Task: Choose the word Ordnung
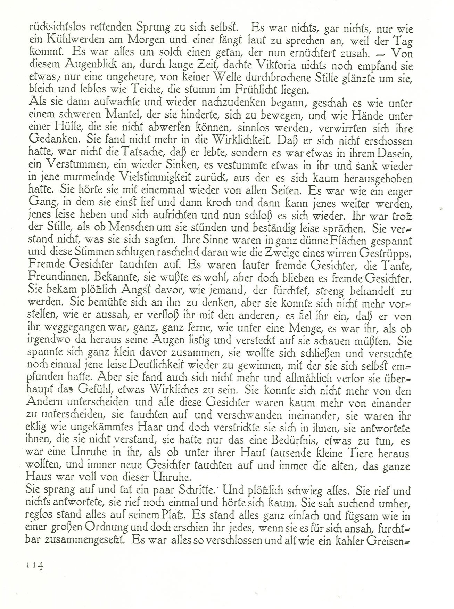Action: click(103, 528)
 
